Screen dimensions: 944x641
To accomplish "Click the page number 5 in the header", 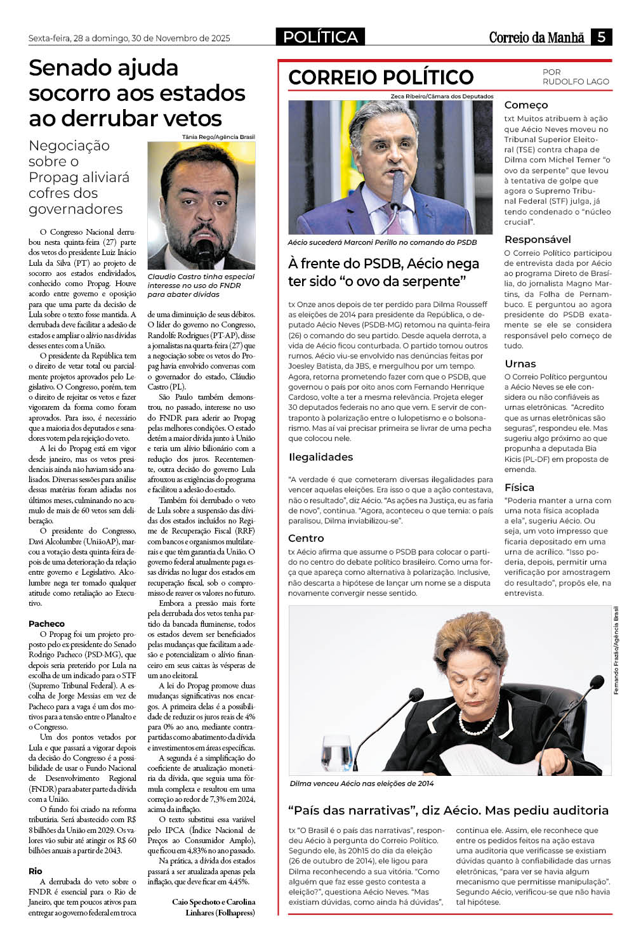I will click(x=600, y=37).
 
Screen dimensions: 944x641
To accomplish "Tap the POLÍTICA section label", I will click(x=320, y=37).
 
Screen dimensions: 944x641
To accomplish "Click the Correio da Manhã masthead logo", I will click(x=536, y=37).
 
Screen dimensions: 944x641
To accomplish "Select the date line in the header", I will click(x=129, y=38).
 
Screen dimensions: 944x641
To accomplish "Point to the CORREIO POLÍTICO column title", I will click(x=381, y=77).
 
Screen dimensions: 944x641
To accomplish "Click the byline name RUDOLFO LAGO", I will click(x=576, y=81).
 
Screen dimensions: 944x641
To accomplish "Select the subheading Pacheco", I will click(x=46, y=624).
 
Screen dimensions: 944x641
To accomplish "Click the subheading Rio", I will click(x=36, y=871).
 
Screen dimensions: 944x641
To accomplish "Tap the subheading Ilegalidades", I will click(x=320, y=457).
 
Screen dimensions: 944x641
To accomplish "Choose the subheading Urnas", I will click(x=520, y=364).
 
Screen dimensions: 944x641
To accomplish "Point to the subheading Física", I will click(x=519, y=487).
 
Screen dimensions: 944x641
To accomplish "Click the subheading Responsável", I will click(x=538, y=239).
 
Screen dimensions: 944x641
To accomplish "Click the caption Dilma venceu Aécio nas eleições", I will click(x=362, y=783).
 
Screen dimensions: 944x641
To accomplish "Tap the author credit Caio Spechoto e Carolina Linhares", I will click(x=214, y=907).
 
